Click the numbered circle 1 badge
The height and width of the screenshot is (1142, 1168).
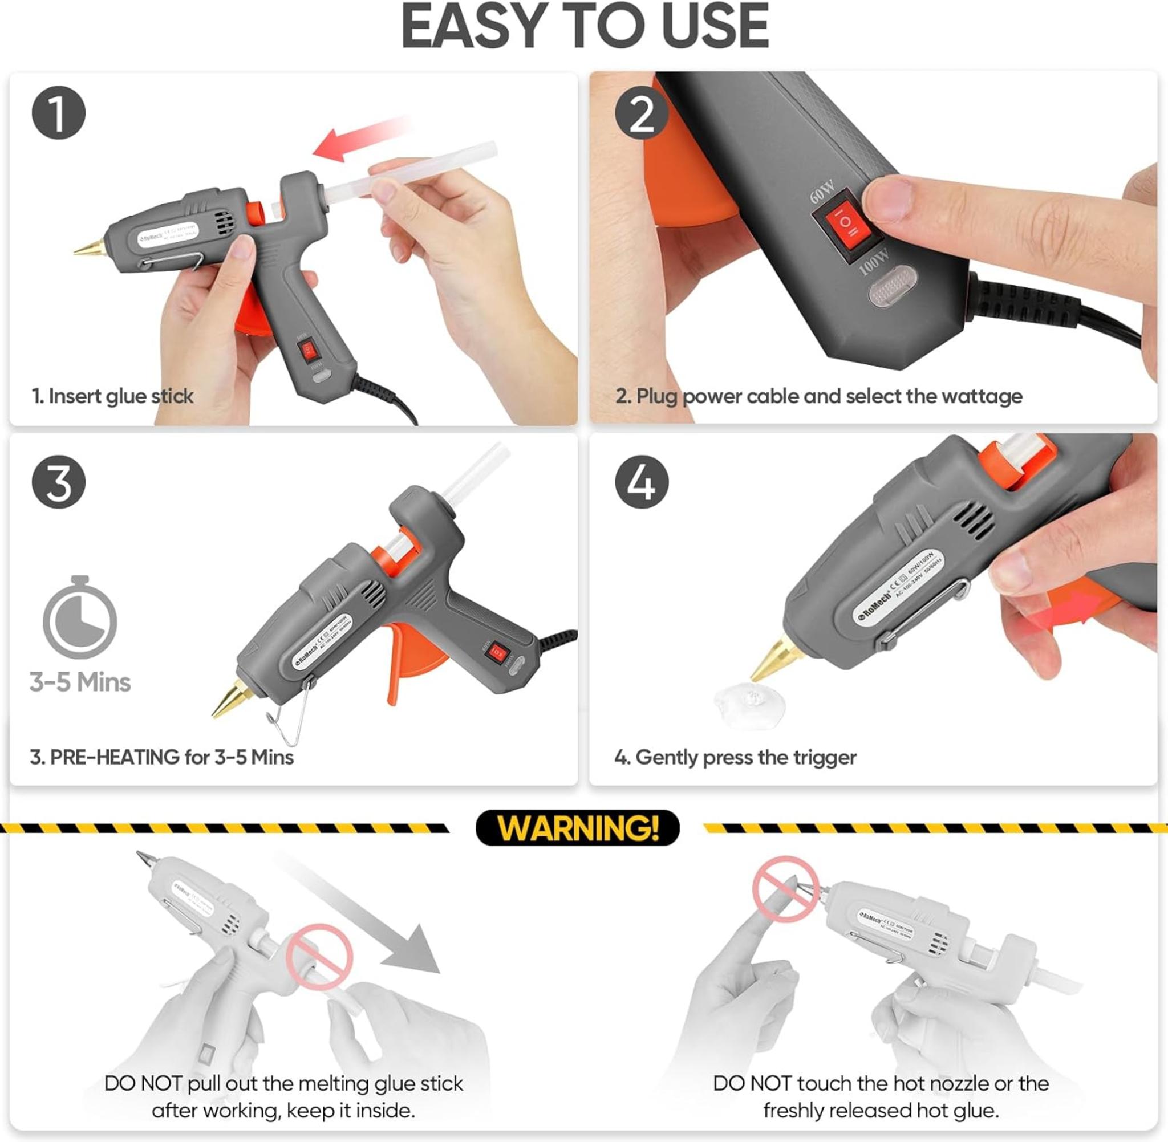click(58, 113)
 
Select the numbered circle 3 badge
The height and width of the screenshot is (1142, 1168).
click(58, 482)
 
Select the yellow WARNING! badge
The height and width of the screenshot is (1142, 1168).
click(578, 828)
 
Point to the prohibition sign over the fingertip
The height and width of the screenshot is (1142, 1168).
click(785, 888)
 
